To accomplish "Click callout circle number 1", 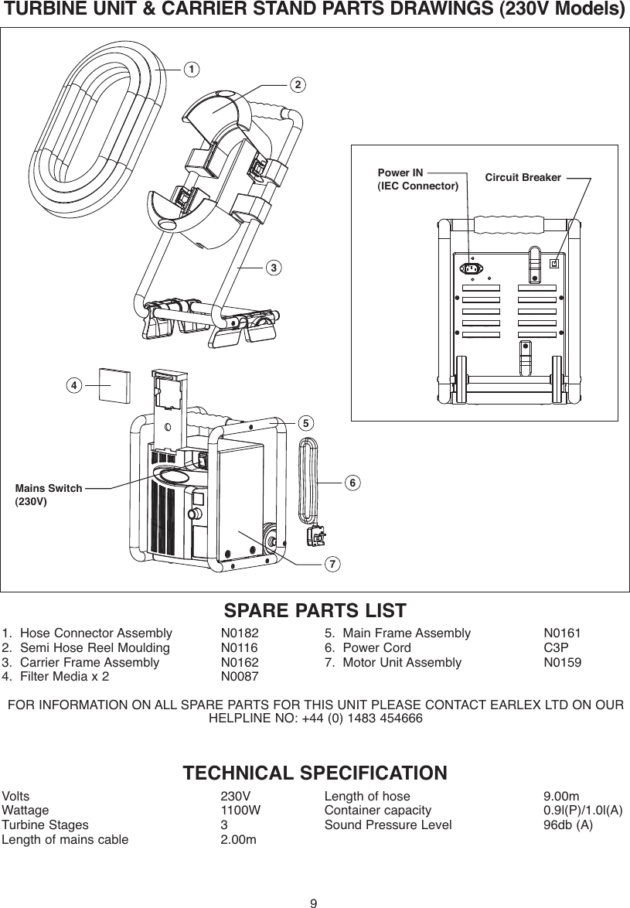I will [x=187, y=69].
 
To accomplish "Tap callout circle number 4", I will [x=73, y=384].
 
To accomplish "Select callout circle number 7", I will [x=332, y=564].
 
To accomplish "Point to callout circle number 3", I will [x=272, y=268].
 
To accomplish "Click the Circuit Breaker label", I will [x=523, y=178].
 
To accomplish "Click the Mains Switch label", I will [x=48, y=488].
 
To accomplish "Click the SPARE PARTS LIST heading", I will [x=315, y=610].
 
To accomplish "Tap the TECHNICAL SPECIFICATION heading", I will [x=315, y=773].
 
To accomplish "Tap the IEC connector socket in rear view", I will [x=471, y=268].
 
